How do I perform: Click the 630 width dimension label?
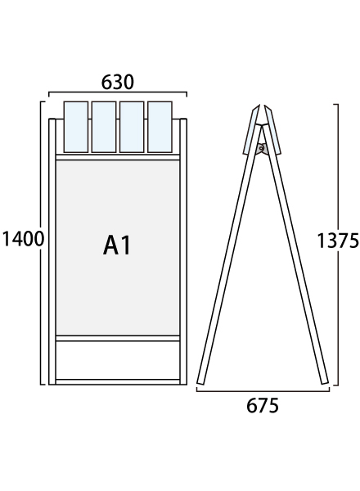(117, 82)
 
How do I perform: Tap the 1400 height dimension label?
(23, 239)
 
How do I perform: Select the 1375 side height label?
(338, 241)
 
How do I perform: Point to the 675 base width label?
(263, 406)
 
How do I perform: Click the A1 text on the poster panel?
(117, 245)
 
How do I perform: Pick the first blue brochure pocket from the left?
(76, 127)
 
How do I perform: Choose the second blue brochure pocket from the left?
(104, 127)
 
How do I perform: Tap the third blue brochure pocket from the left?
(132, 127)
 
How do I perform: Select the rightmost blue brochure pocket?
(160, 127)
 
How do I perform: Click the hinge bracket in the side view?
(261, 149)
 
